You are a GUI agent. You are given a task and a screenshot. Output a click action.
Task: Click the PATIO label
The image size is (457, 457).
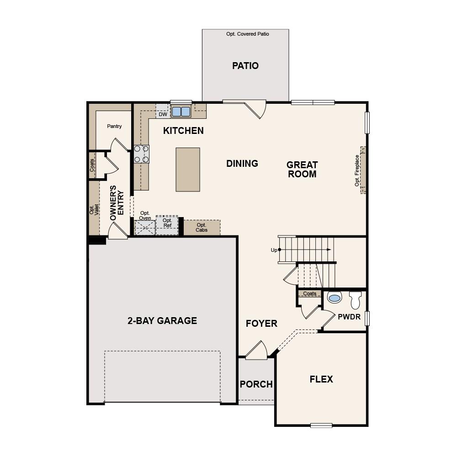(245, 66)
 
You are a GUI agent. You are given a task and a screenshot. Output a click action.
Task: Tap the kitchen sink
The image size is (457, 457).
(181, 112)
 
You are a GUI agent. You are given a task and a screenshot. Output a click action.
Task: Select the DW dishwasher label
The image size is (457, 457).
(163, 114)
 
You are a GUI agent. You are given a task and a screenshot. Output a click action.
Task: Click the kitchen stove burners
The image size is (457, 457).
(141, 154)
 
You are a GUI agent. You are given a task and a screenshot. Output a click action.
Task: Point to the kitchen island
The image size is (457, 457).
(188, 170)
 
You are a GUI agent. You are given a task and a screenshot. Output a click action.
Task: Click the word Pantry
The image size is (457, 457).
(114, 126)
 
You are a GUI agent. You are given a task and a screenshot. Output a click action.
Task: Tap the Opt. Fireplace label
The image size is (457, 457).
(357, 170)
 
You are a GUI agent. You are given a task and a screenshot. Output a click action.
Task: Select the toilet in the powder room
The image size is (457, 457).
(355, 300)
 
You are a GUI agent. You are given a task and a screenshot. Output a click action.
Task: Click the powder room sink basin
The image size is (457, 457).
(335, 298)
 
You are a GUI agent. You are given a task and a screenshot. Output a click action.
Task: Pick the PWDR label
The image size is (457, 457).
(350, 317)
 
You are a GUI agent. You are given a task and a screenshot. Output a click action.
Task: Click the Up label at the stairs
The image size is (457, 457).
(274, 250)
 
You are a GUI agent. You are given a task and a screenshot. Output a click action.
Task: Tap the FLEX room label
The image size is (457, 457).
(321, 379)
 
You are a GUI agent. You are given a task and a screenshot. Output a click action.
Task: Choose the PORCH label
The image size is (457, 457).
(256, 384)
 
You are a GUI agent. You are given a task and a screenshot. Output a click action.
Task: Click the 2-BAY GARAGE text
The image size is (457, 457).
(162, 321)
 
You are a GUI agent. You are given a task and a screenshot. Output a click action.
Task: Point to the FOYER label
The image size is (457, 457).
(261, 324)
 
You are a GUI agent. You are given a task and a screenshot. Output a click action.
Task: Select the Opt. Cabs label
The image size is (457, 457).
(202, 228)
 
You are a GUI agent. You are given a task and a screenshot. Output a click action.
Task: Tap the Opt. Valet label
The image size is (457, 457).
(94, 210)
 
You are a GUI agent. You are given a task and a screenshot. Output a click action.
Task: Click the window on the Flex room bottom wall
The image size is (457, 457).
(321, 425)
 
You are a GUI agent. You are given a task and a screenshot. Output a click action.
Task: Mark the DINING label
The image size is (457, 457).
(242, 164)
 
